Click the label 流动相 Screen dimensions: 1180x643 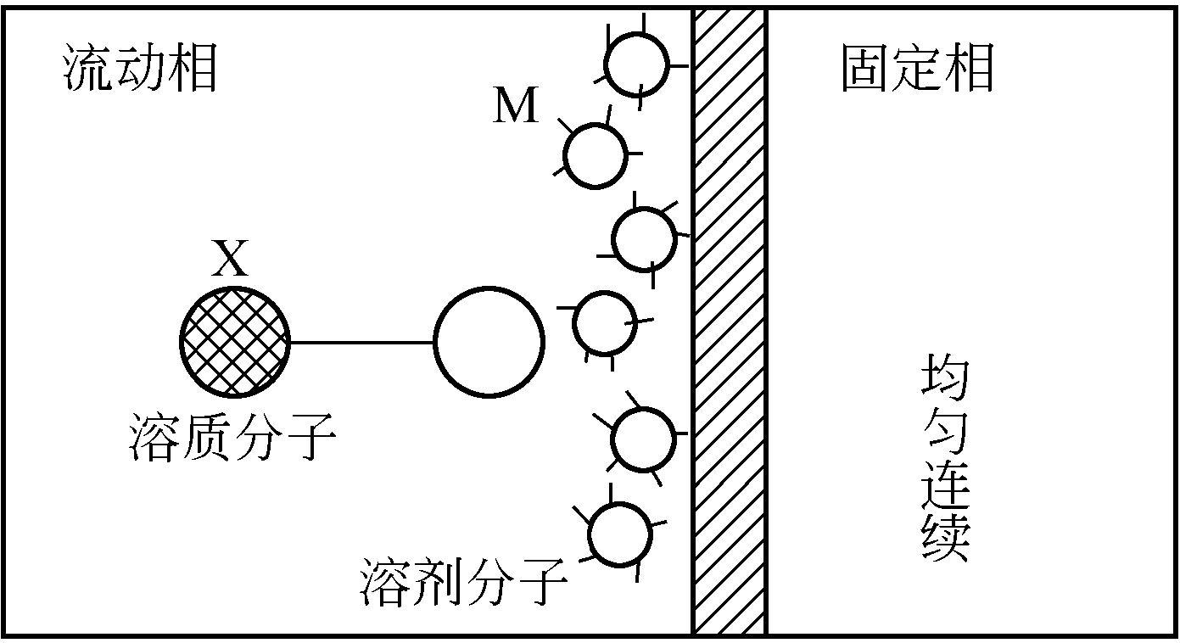141,68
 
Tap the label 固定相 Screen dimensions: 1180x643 917,68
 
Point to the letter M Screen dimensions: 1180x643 516,108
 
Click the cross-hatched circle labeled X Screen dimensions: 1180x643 234,342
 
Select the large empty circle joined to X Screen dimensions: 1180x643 489,342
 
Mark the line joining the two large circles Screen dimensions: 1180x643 361,343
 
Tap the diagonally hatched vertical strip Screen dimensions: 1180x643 730,322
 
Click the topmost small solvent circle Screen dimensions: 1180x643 636,63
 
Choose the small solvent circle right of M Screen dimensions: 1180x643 596,156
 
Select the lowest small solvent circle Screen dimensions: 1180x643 620,534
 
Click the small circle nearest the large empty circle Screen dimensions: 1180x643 604,322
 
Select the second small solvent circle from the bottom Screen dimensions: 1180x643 642,439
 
